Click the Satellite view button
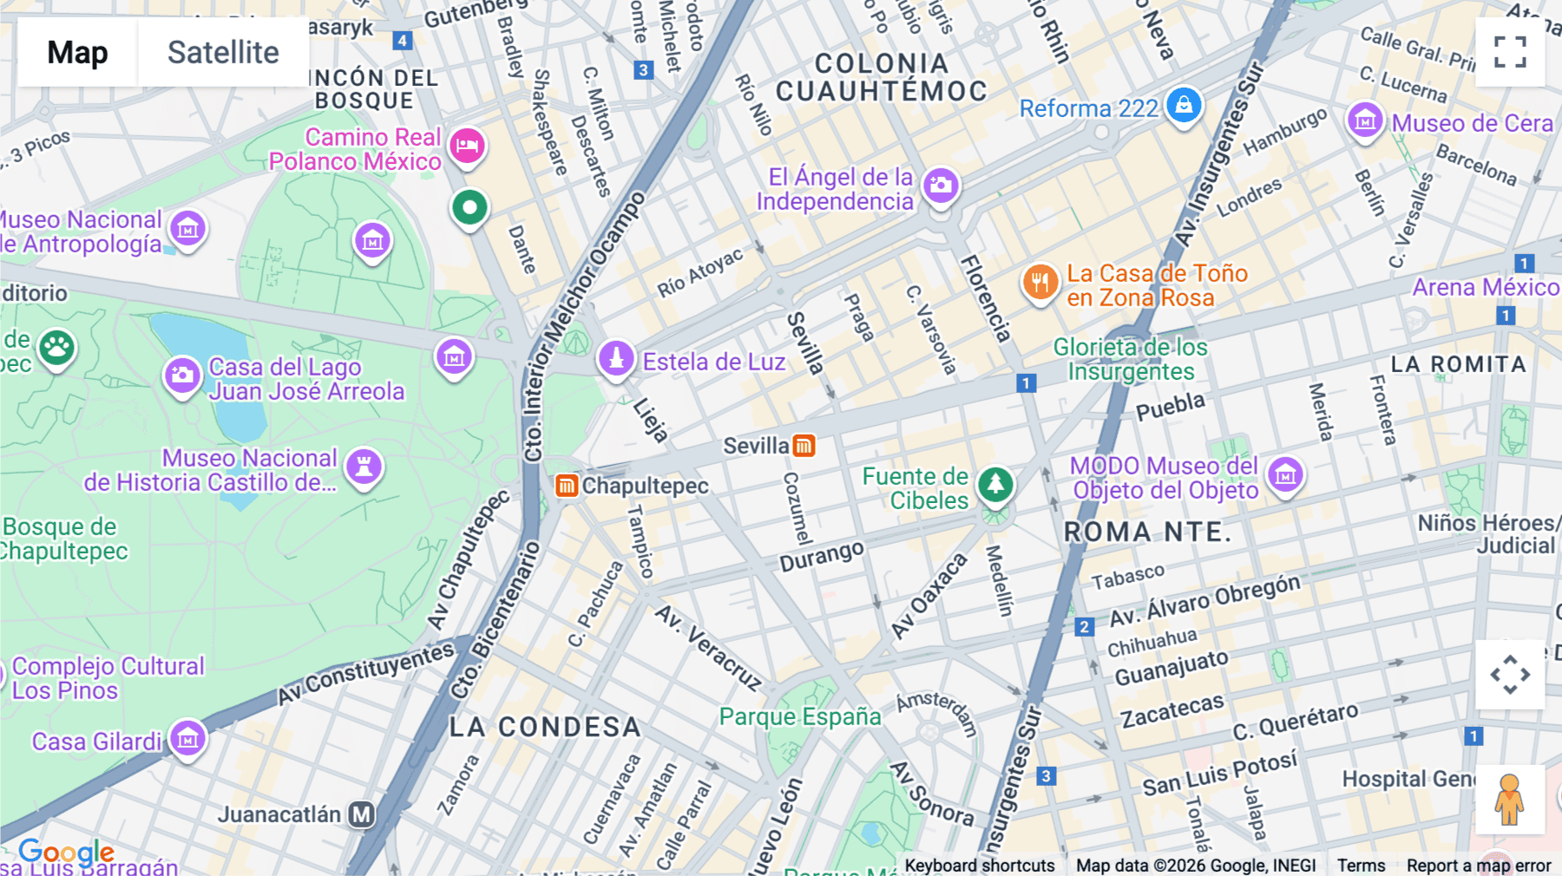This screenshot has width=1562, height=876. [223, 53]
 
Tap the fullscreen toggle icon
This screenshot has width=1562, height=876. [1510, 52]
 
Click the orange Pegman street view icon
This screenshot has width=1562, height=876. [1509, 800]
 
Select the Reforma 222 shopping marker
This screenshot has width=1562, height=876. [1184, 106]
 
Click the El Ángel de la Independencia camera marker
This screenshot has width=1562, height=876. [941, 185]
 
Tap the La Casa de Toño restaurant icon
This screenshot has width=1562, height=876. [1040, 282]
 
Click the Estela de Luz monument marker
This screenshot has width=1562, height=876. [616, 358]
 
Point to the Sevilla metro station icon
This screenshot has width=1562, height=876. [804, 446]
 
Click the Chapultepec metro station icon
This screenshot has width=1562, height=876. [567, 486]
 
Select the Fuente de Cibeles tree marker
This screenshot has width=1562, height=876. [995, 484]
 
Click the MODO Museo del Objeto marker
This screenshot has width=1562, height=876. [1285, 474]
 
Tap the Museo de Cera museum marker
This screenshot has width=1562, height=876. [1364, 121]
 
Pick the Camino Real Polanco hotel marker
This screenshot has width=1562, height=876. [467, 145]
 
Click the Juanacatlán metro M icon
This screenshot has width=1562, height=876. [362, 814]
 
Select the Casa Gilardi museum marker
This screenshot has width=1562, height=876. [187, 739]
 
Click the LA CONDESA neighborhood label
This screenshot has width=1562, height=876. [545, 727]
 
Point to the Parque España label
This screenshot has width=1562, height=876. [799, 716]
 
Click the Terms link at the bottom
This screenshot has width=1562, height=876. [1361, 865]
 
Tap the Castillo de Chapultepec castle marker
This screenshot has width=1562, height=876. [364, 467]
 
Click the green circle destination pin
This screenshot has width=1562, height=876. [469, 208]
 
